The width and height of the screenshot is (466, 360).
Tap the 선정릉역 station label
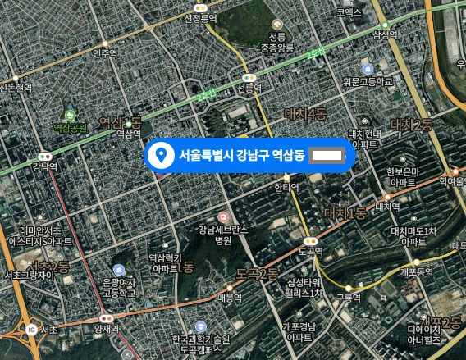201,17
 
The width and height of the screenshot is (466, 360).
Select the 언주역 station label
106,54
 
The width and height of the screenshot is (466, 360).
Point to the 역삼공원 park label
71,127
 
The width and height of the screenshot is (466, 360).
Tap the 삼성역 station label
385,34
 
